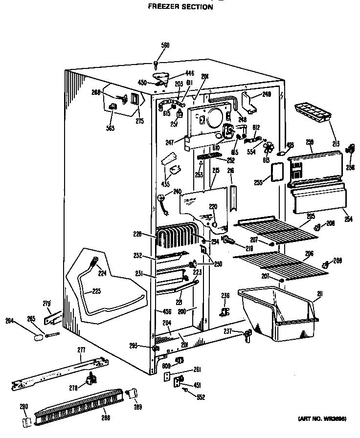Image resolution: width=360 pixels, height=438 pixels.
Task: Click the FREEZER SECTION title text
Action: tap(180, 7)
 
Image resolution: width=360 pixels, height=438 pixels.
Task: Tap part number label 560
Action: tap(165, 45)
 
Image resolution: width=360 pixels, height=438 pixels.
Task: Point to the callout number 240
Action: tap(177, 192)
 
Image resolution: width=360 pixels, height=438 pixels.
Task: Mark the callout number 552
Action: tap(201, 397)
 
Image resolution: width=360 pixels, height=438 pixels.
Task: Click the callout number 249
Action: tap(266, 94)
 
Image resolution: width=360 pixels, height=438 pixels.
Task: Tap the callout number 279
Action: tap(47, 305)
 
